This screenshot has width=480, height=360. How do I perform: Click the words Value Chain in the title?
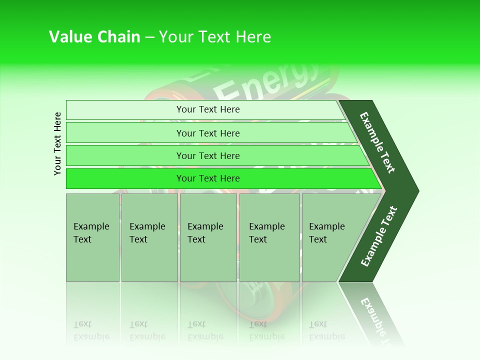[x=94, y=37]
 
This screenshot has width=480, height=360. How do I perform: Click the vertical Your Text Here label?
[x=57, y=143]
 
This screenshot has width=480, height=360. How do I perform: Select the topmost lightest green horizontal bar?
[x=207, y=109]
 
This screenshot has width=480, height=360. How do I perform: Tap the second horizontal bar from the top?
[x=207, y=133]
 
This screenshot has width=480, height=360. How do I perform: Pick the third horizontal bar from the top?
[x=207, y=155]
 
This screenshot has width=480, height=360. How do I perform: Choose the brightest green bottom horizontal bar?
[x=207, y=178]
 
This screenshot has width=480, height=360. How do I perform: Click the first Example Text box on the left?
[x=92, y=237]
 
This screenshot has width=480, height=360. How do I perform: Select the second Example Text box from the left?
[x=149, y=237]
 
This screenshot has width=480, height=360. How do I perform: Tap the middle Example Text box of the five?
[x=208, y=237]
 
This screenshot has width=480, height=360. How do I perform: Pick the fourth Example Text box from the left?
[x=269, y=237]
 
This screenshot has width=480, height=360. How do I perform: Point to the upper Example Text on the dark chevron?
[x=377, y=143]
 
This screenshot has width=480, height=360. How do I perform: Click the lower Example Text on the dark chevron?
[x=378, y=236]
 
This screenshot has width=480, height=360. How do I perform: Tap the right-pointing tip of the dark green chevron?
[x=416, y=190]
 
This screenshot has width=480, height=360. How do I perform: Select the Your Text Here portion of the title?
[x=215, y=37]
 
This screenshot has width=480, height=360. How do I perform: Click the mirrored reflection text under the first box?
[x=91, y=330]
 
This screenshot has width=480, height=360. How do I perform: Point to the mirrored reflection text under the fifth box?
[x=326, y=330]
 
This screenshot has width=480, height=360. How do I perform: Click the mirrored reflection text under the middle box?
[x=205, y=330]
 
